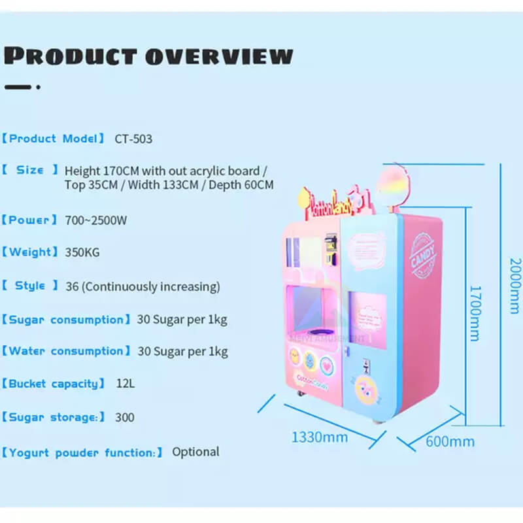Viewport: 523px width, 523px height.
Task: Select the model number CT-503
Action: point(133,139)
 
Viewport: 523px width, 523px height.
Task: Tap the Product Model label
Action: point(54,139)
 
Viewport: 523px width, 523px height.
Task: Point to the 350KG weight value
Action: point(82,252)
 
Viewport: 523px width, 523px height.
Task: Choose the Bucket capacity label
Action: point(54,384)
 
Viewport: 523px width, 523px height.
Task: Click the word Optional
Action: point(195,452)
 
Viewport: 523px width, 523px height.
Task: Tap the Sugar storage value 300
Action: point(125,417)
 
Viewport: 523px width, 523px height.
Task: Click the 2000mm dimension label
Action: point(514,285)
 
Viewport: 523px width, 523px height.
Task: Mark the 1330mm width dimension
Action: point(320,436)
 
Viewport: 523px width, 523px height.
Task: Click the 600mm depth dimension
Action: point(450,441)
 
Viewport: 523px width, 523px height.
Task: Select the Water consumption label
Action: point(66,351)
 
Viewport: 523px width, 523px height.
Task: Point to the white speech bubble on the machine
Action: point(367,249)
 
